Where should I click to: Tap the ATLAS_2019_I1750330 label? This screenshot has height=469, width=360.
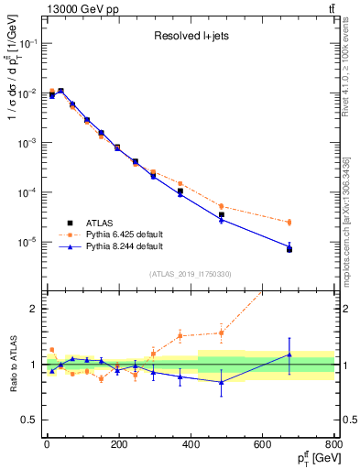pyautogui.click(x=191, y=274)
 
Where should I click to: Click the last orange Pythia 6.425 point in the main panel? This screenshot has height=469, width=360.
pyautogui.click(x=289, y=223)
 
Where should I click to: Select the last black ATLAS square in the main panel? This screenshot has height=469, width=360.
pyautogui.click(x=289, y=249)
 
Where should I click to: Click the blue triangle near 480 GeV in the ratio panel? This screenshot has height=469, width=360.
pyautogui.click(x=221, y=382)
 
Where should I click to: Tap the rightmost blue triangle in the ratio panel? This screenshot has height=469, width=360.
pyautogui.click(x=289, y=354)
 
